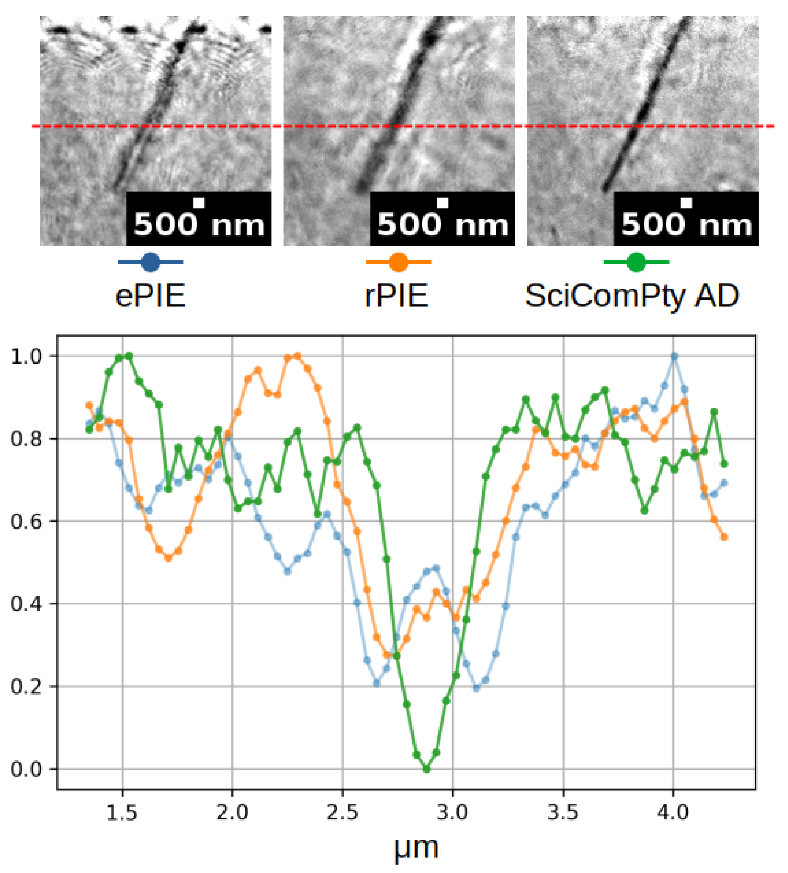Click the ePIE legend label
click(150, 296)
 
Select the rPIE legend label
click(396, 296)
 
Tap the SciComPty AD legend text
click(632, 296)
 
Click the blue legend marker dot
click(150, 262)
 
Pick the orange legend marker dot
click(398, 262)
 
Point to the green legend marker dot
click(636, 262)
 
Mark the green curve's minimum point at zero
click(427, 769)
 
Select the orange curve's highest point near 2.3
click(297, 357)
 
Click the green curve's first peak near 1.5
click(129, 357)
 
